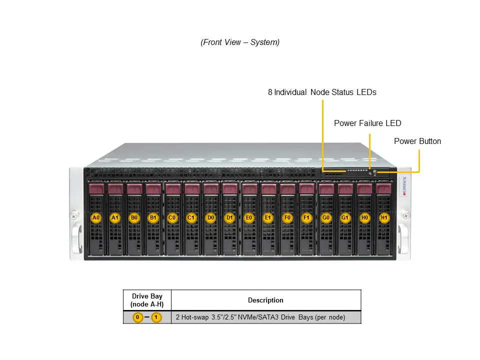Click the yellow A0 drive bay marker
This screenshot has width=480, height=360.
[x=96, y=218]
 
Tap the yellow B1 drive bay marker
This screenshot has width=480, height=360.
[x=153, y=218]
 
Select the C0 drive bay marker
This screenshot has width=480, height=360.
[x=172, y=218]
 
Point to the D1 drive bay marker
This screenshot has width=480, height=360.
[x=229, y=218]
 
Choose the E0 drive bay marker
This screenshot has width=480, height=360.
[x=249, y=218]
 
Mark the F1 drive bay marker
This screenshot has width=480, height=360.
[x=306, y=218]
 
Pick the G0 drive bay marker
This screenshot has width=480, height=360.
[x=326, y=218]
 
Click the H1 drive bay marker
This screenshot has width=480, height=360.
[x=383, y=218]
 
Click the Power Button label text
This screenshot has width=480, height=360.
[x=417, y=141]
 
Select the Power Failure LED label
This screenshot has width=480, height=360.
[x=367, y=123]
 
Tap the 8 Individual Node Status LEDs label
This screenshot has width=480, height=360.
[x=322, y=92]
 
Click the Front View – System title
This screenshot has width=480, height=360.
[x=240, y=42]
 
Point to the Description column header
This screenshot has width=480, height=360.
[x=265, y=300]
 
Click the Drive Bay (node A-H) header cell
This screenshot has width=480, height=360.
[x=147, y=300]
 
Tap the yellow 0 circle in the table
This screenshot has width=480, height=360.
[x=137, y=317]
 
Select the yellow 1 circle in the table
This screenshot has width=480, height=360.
[x=156, y=317]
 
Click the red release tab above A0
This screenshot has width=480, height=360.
[x=96, y=189]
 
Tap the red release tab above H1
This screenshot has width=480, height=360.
[x=383, y=189]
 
